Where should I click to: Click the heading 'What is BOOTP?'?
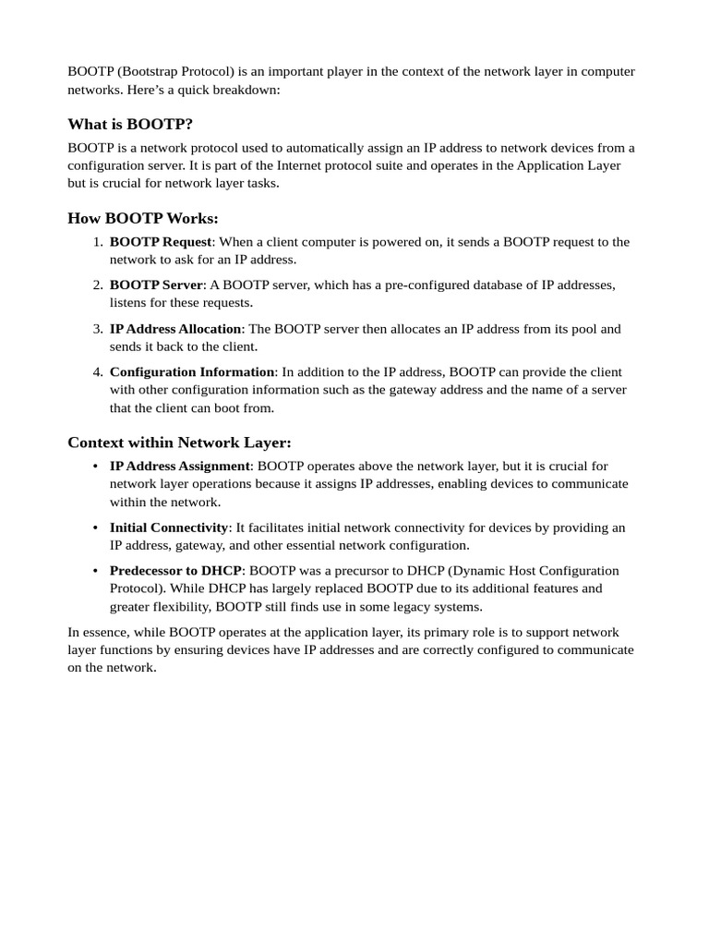click(130, 125)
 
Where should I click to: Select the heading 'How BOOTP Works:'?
click(143, 219)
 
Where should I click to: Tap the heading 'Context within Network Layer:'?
click(179, 443)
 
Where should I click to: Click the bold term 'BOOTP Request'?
click(161, 242)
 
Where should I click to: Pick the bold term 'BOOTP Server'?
click(156, 285)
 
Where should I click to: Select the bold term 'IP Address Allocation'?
click(175, 329)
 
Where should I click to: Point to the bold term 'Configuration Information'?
click(192, 372)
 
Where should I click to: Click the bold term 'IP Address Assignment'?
click(180, 467)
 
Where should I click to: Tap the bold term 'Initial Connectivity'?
click(169, 528)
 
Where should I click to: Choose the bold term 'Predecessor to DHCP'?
click(175, 571)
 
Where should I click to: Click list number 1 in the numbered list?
click(97, 242)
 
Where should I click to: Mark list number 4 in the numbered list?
click(97, 372)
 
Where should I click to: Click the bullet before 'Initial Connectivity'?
click(95, 528)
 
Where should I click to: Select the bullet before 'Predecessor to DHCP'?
click(95, 571)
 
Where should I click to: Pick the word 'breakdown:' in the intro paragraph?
click(247, 91)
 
